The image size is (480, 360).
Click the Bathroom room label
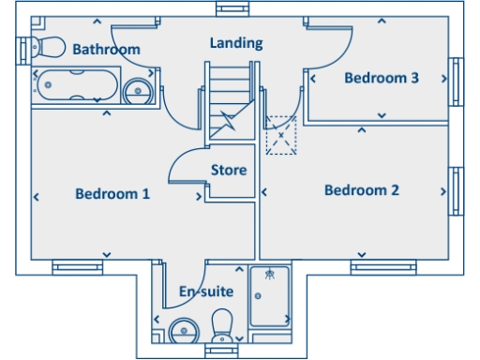coord(106,49)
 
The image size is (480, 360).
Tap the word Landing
coord(235,43)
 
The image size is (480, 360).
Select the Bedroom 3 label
coord(381,78)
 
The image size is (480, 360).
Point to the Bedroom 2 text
coord(361,190)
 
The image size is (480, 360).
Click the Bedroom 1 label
coord(112,194)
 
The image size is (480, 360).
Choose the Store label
coord(229,171)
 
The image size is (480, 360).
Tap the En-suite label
coord(205,292)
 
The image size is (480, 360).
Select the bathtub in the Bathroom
coord(76,88)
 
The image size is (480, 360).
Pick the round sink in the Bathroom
coord(138,90)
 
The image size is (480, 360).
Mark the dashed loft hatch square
coord(280,136)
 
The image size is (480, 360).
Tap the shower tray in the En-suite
coord(270,294)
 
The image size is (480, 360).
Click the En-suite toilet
coord(222,328)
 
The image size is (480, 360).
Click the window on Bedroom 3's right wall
coord(457,82)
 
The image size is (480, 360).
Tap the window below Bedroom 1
coord(77,267)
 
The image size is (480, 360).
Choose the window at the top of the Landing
coord(229,8)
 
